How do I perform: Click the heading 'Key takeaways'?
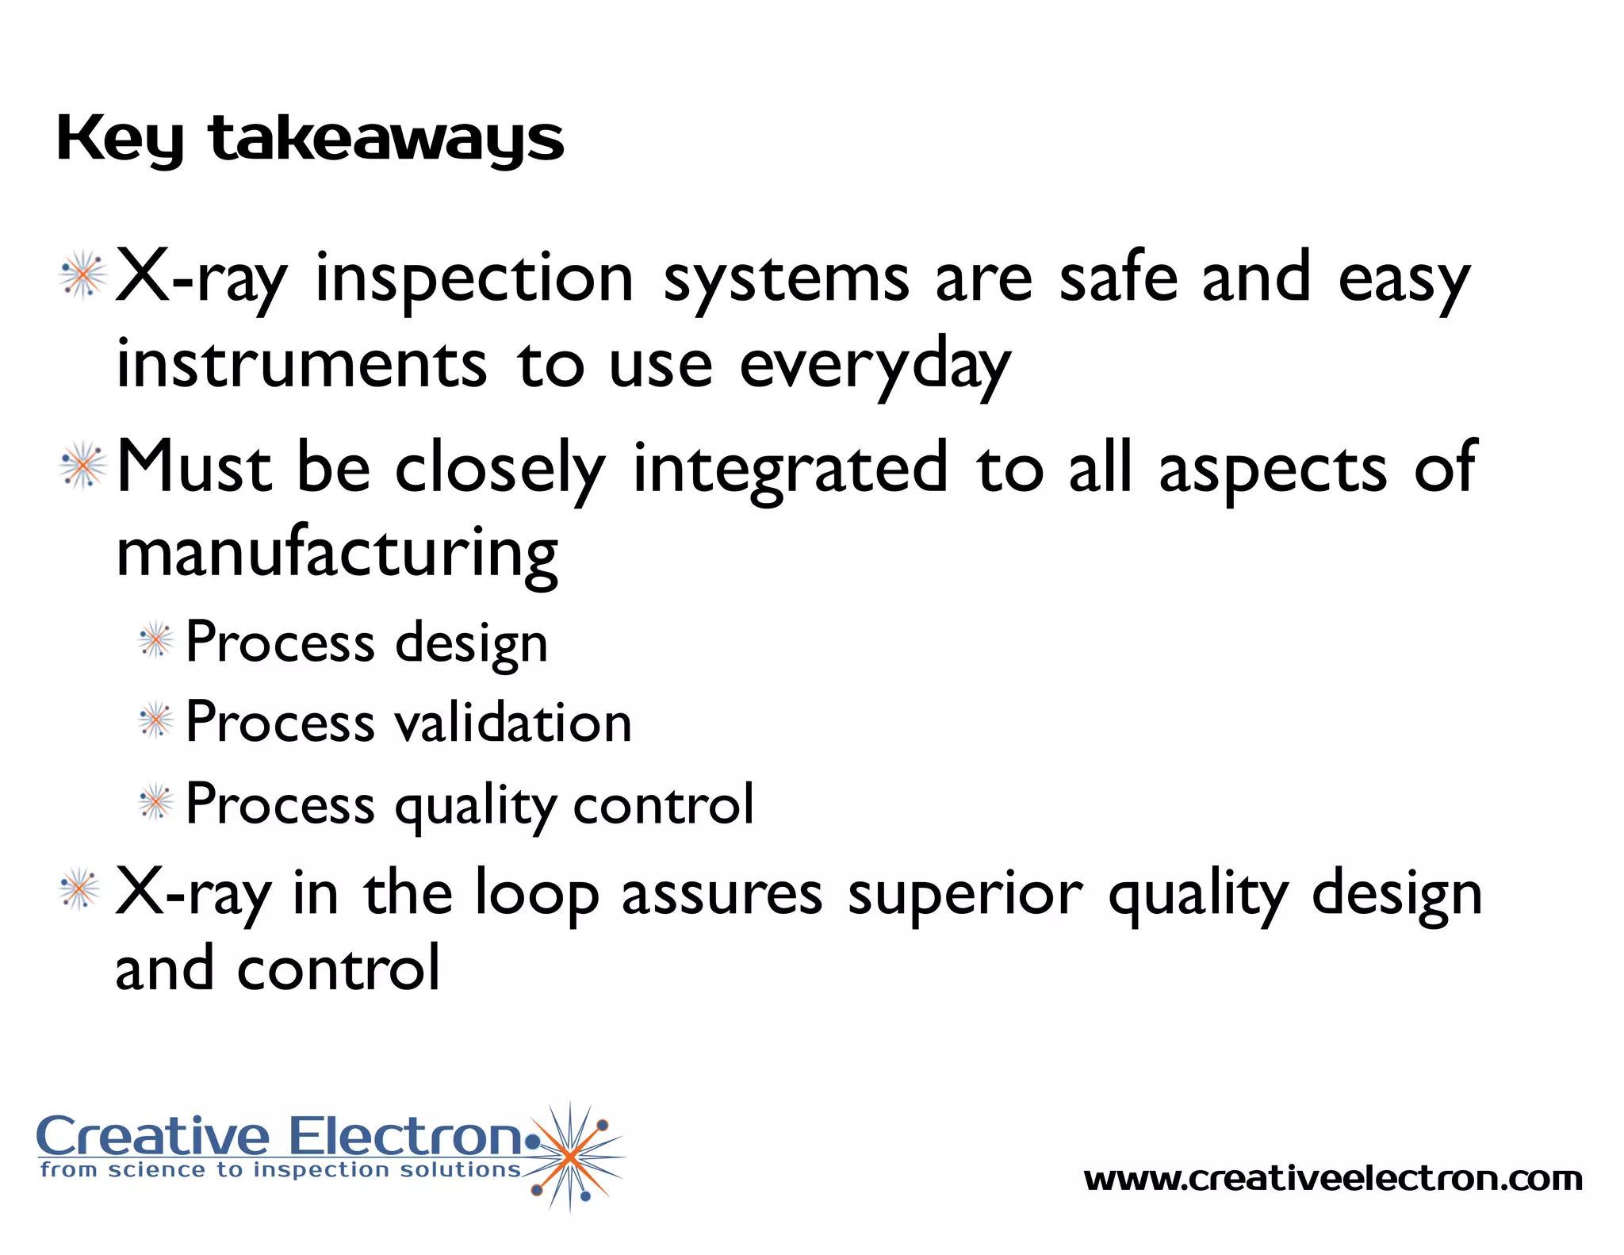coord(309,140)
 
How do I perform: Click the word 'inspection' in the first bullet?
coord(474,279)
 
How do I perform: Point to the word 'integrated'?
coord(790,468)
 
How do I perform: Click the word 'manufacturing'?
coord(337,554)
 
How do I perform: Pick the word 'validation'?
coord(513,723)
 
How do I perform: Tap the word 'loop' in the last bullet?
coord(537,895)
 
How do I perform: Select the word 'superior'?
coord(964,895)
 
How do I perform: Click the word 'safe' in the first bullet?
coord(1118,279)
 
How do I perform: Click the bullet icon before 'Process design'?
coord(155,640)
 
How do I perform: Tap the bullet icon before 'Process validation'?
coord(155,721)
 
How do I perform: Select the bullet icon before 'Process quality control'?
coord(155,802)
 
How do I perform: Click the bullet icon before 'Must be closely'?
coord(82,466)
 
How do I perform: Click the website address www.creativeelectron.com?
coord(1332,1179)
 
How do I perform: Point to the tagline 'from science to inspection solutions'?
coord(281,1170)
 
